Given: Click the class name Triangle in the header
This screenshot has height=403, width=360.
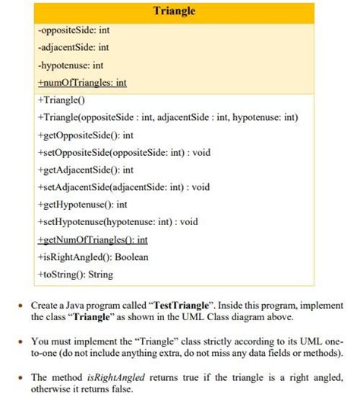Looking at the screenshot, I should tap(174, 11).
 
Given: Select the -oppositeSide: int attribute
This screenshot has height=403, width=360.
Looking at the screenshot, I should tap(73, 30).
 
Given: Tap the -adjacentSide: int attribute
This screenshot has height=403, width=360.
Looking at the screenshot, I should tap(73, 48).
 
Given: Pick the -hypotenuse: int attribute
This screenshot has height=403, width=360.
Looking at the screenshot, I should tap(69, 65).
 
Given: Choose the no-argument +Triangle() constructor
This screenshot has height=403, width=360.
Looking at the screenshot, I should tap(61, 100).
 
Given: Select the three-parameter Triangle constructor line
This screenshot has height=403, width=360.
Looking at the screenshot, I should tap(169, 117).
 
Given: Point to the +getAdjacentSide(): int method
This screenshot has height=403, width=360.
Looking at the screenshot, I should tap(85, 170).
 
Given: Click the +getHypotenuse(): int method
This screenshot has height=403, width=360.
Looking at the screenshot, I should tap(81, 205).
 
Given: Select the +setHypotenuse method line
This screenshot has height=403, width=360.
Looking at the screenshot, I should tap(117, 222).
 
